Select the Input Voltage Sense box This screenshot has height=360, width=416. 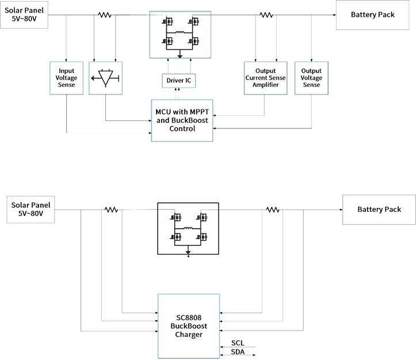click(67, 78)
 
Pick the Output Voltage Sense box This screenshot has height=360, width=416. click(311, 78)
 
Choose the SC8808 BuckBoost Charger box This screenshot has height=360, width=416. click(188, 325)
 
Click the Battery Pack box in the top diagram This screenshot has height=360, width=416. click(373, 14)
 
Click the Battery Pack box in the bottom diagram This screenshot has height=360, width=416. click(379, 209)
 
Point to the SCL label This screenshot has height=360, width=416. click(237, 343)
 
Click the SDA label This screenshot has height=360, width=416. click(237, 351)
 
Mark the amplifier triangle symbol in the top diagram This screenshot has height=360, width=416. click(106, 78)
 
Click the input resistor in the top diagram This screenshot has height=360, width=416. click(104, 15)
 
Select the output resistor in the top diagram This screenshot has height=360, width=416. click(265, 15)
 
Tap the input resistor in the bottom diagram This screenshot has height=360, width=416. click(111, 210)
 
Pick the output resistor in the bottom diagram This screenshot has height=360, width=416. click(272, 210)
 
